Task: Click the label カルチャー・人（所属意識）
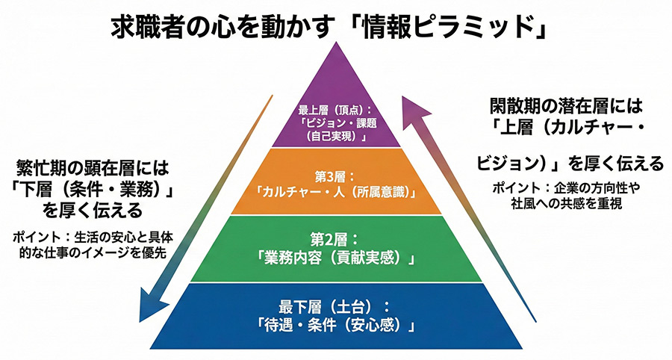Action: point(336,190)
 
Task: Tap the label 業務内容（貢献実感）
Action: point(335,258)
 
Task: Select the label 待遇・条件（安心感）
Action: point(335,326)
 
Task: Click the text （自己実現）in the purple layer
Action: point(335,138)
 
